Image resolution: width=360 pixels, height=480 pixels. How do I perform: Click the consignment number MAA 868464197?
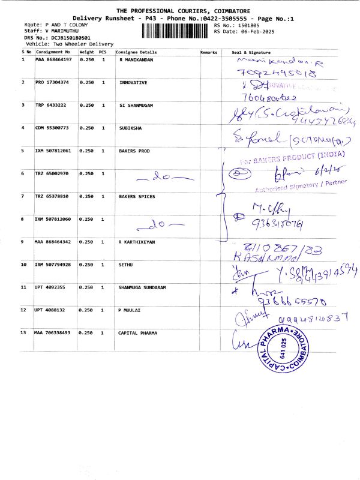coord(53,60)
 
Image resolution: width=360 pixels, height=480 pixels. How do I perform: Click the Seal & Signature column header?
coord(251,52)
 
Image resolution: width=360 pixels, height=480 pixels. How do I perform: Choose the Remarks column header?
coord(209,52)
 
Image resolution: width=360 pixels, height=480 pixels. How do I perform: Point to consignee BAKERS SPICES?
coord(137,196)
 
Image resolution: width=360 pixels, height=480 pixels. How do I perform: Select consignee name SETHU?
coord(127,264)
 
